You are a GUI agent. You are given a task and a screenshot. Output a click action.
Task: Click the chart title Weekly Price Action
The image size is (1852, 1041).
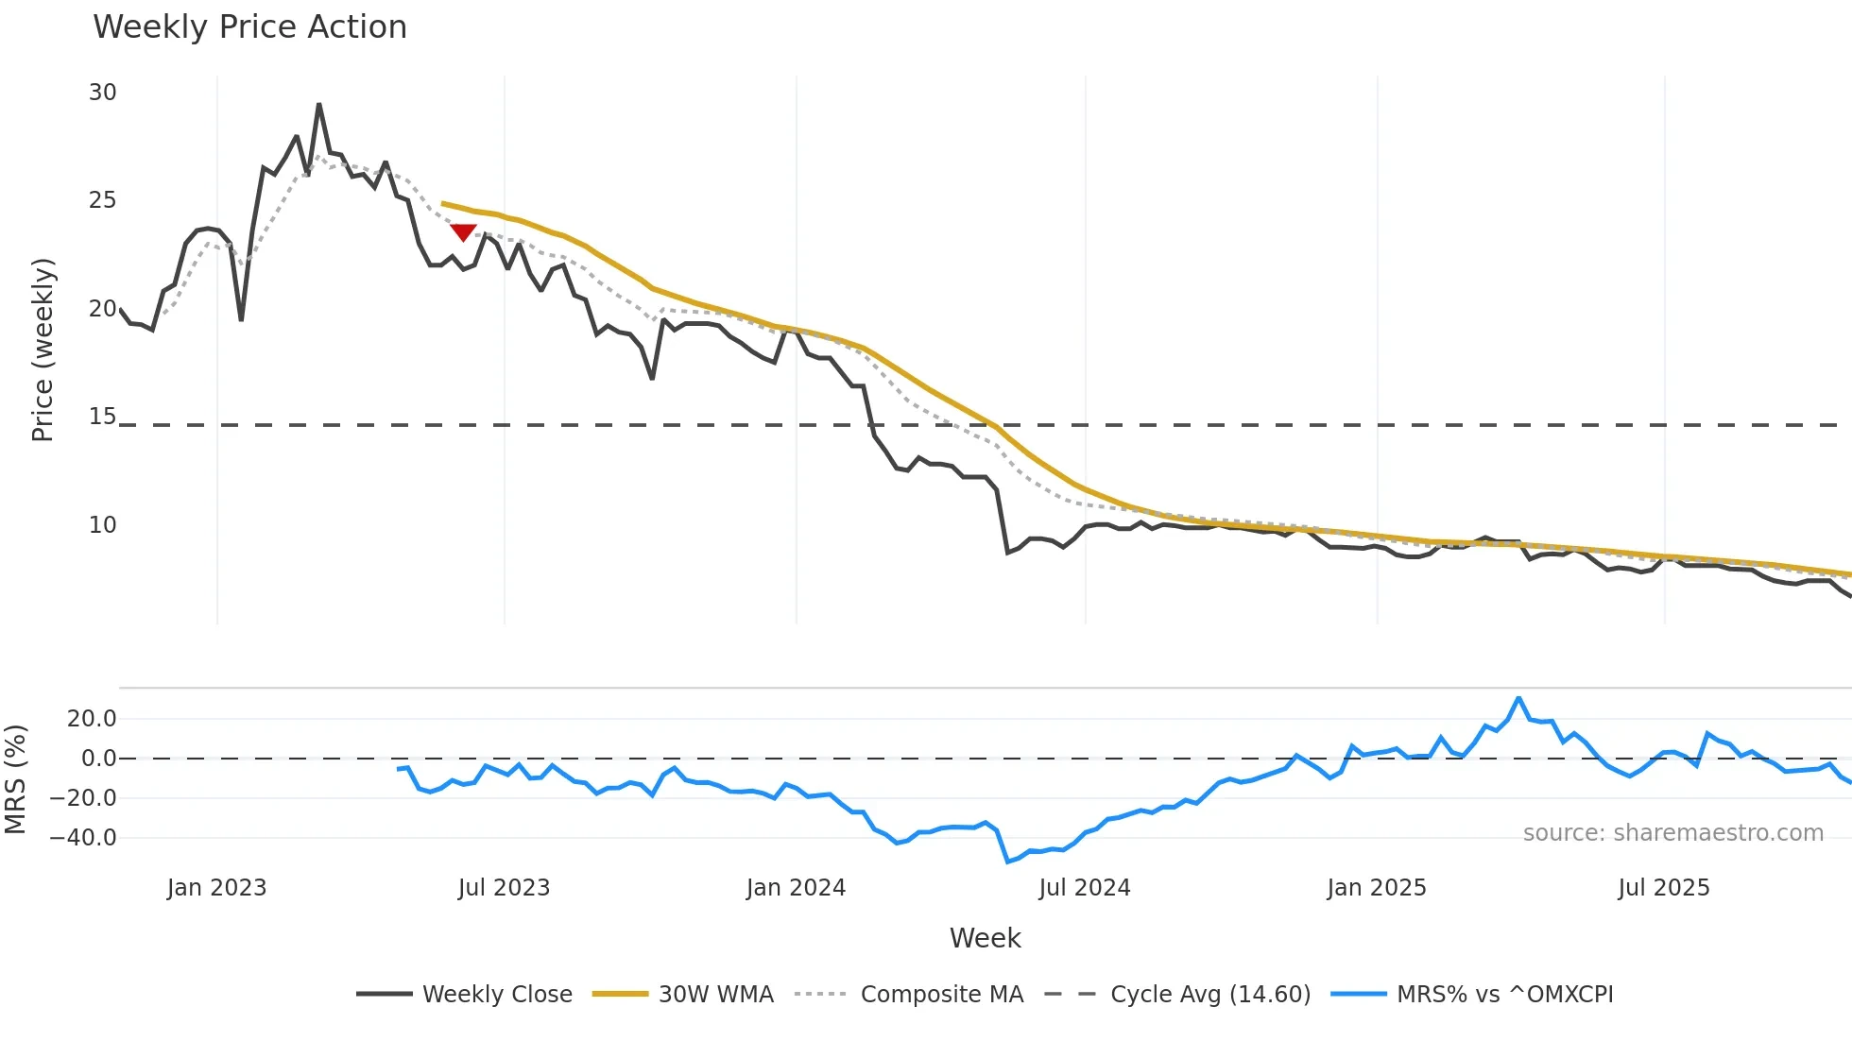(249, 27)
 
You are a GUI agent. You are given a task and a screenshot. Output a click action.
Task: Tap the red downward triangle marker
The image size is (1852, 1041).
(463, 231)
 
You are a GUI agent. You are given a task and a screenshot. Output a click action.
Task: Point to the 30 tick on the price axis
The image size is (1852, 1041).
(102, 93)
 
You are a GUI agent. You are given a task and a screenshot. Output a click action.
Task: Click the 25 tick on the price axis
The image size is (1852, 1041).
(102, 200)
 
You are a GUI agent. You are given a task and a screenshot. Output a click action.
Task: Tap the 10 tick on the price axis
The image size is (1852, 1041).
(102, 525)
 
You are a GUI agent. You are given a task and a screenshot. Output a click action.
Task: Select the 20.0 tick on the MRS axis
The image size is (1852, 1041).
(92, 719)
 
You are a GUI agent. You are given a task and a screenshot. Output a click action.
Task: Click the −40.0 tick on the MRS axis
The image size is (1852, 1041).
(83, 838)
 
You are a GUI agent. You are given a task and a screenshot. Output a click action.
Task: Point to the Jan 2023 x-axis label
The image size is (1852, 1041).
(216, 888)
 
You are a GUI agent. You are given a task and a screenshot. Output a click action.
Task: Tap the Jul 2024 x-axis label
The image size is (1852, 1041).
(1084, 888)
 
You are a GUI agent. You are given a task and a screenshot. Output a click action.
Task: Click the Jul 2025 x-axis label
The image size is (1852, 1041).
(1663, 888)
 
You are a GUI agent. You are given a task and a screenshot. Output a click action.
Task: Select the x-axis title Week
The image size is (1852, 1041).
(985, 938)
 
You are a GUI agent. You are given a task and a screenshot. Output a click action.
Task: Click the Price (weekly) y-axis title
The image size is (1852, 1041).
(43, 350)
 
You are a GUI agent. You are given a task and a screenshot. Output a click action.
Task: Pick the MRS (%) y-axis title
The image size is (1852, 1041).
(15, 779)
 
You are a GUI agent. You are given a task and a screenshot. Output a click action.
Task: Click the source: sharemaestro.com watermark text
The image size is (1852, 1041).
(1672, 833)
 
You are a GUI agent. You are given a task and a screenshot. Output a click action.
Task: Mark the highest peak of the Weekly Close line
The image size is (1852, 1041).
(319, 105)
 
